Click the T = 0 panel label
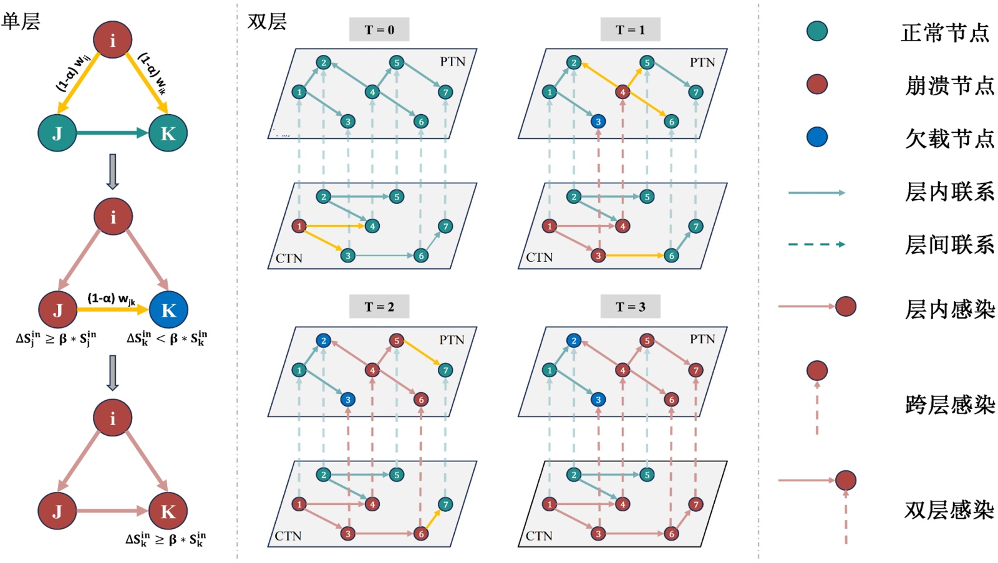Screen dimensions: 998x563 pyautogui.click(x=379, y=29)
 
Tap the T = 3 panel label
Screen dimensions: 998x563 pyautogui.click(x=630, y=306)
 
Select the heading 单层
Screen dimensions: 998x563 pyautogui.click(x=21, y=21)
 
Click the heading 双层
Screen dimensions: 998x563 pyautogui.click(x=267, y=21)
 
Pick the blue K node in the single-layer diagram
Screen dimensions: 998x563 pyautogui.click(x=168, y=310)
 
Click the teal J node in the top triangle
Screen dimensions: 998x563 pyautogui.click(x=57, y=133)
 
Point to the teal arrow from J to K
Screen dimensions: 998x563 pyautogui.click(x=112, y=133)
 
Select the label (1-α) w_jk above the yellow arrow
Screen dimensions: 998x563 pyautogui.click(x=111, y=299)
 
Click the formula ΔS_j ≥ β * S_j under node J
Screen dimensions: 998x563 pyautogui.click(x=56, y=339)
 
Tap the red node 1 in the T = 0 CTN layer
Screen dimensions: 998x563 pyautogui.click(x=299, y=226)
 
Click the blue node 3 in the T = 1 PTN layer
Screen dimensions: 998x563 pyautogui.click(x=598, y=122)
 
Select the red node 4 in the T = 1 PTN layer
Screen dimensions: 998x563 pyautogui.click(x=622, y=92)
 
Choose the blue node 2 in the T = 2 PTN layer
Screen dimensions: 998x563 pyautogui.click(x=323, y=340)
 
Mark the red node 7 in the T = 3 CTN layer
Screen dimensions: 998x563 pyautogui.click(x=695, y=504)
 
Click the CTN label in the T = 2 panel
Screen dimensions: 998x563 pyautogui.click(x=288, y=536)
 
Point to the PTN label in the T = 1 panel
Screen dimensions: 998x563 pyautogui.click(x=702, y=62)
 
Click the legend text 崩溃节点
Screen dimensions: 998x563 pyautogui.click(x=949, y=85)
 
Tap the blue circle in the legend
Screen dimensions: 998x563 pyautogui.click(x=816, y=137)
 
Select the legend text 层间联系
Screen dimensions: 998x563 pyautogui.click(x=949, y=244)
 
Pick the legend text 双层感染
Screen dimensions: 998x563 pyautogui.click(x=949, y=510)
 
